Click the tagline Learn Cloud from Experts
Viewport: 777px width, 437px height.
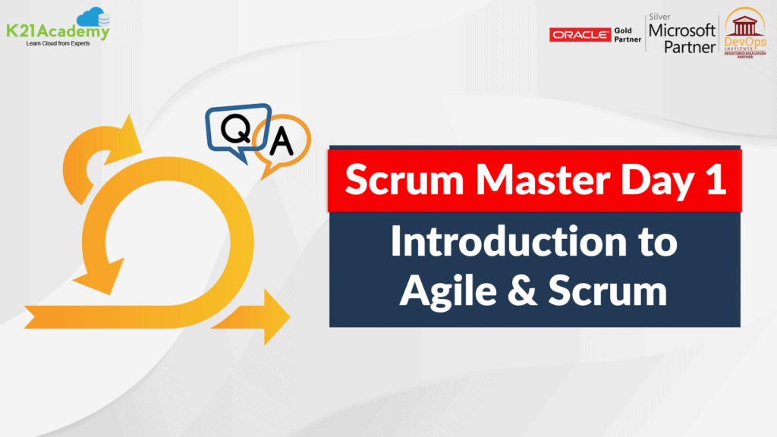[x=53, y=44]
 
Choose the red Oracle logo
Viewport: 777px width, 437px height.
[x=580, y=34]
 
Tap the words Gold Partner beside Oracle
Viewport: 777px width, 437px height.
[x=627, y=34]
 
